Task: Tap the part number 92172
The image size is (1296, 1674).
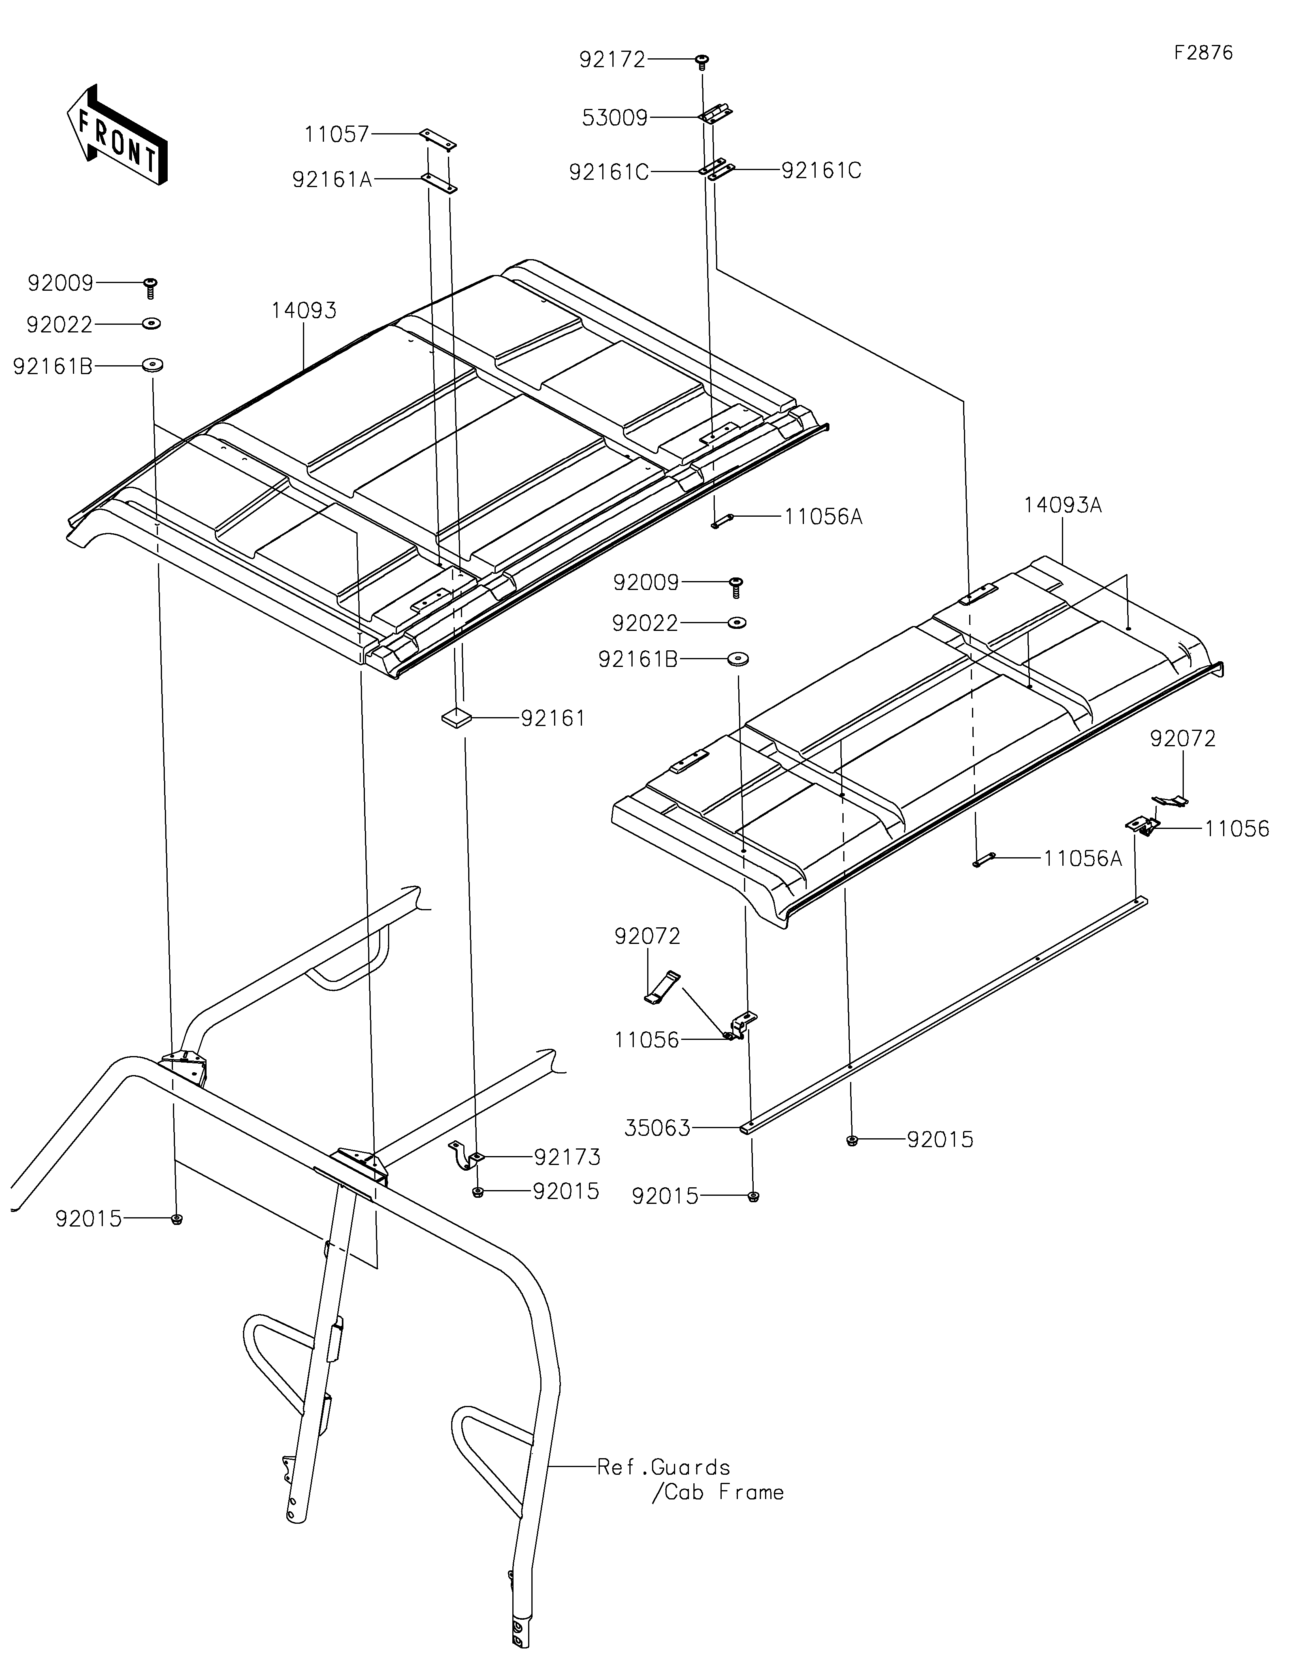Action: tap(612, 60)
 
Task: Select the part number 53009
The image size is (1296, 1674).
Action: tap(615, 118)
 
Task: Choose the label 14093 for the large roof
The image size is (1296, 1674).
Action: tap(303, 311)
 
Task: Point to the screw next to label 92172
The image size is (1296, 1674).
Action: tap(702, 61)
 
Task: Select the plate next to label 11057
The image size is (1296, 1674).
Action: tap(438, 139)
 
